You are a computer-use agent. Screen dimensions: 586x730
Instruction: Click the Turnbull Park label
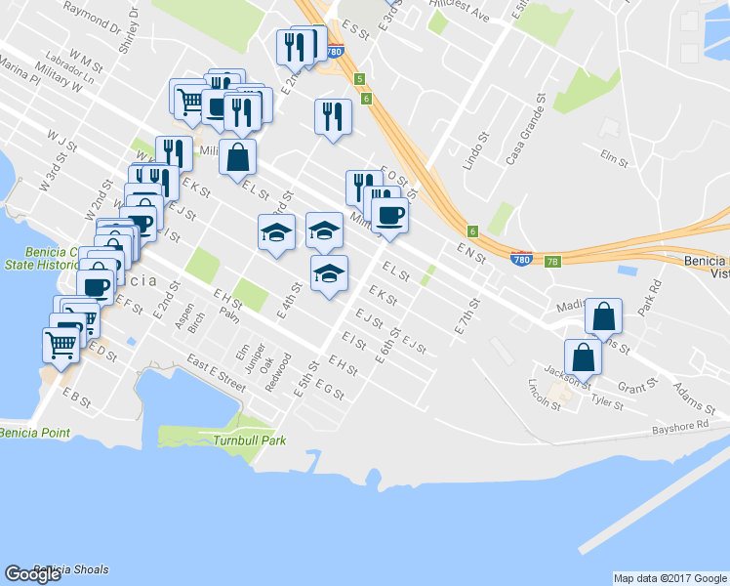click(x=249, y=440)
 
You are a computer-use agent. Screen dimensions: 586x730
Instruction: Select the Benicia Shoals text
click(x=70, y=569)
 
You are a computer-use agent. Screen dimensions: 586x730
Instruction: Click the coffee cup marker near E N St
click(x=389, y=215)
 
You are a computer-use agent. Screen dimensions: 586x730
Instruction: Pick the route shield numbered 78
click(x=552, y=261)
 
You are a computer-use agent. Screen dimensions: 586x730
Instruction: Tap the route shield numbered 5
click(x=360, y=78)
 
